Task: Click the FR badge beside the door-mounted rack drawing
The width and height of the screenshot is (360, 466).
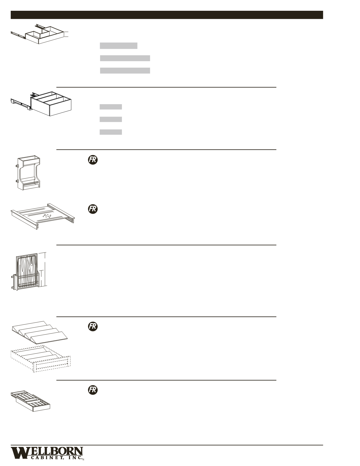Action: (93, 160)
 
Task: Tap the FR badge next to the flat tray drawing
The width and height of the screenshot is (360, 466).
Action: (93, 209)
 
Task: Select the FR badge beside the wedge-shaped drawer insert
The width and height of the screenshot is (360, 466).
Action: (93, 326)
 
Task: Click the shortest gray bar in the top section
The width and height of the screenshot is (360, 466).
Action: (118, 45)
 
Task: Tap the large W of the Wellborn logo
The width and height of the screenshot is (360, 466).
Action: (19, 453)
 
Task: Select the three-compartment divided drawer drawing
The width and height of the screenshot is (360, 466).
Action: (51, 104)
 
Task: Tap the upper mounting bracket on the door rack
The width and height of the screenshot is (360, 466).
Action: (17, 167)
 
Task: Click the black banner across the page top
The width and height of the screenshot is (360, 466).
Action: (167, 15)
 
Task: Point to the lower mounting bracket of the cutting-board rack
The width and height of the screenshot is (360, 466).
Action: (13, 288)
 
